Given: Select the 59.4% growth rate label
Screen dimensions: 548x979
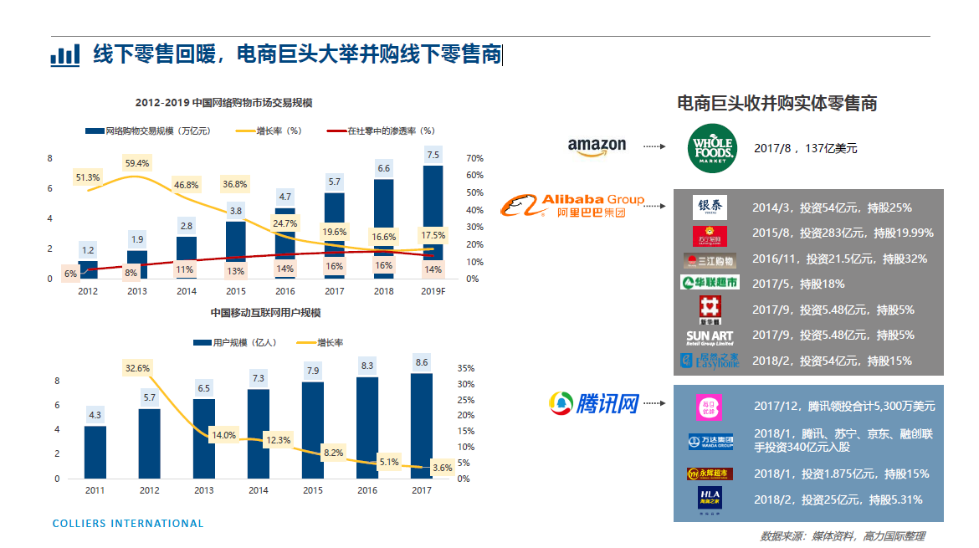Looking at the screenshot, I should coord(138,163).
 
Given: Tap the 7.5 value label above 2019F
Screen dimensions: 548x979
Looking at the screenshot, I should coord(433,155).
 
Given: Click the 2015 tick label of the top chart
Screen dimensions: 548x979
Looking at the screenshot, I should coord(235,291).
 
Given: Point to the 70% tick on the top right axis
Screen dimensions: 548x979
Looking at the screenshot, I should coord(474,158).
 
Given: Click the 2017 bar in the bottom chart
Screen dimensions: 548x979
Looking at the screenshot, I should coord(422,426).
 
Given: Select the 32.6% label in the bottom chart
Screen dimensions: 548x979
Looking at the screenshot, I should coord(137,367).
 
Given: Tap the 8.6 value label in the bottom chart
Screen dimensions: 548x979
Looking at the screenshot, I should coord(422,362).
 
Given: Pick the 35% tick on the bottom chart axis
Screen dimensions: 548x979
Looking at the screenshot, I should coord(466,368).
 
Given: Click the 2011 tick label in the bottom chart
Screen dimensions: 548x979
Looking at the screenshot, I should coord(95,490).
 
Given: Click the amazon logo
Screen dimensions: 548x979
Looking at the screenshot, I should coord(597,146).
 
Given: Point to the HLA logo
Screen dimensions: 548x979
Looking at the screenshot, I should coord(709,500).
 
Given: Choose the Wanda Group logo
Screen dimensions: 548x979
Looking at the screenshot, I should coord(710,441).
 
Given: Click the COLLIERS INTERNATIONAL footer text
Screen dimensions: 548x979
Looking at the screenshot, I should coord(128,524).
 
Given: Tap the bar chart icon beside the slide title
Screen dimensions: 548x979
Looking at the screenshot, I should coord(65,55).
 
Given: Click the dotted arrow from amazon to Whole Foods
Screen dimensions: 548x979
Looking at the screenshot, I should coord(654,146).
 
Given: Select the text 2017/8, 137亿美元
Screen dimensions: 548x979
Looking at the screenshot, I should coord(805,148).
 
